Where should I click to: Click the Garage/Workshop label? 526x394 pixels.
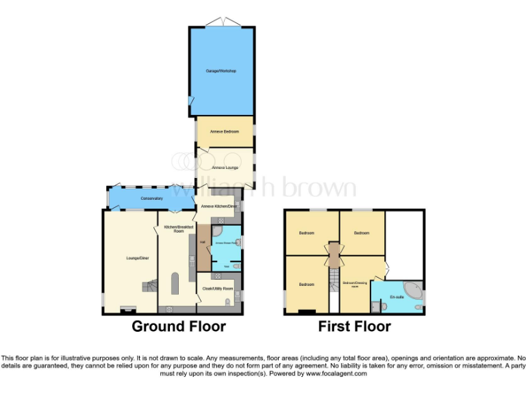221,70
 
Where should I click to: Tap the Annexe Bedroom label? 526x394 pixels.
225,131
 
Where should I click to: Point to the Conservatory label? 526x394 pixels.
152,198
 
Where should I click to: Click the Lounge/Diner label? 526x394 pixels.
138,258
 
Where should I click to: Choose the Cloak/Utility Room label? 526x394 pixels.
218,289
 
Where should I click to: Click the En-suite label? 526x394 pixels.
397,297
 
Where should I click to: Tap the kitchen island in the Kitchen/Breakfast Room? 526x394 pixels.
174,283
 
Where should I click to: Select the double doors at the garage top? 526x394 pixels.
222,25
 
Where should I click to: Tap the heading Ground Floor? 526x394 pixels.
178,326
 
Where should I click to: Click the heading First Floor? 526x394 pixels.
354,326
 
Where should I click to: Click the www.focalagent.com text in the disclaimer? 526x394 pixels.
336,373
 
